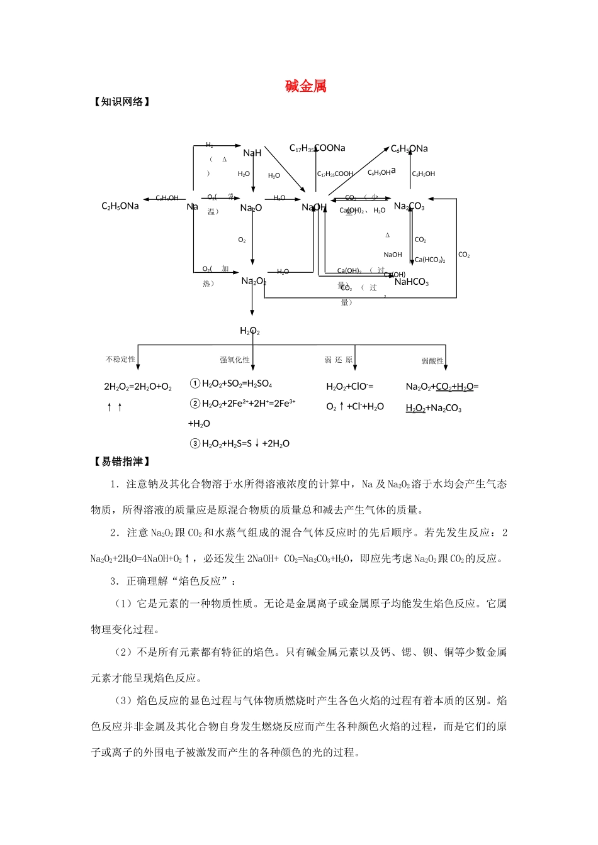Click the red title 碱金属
click(305, 86)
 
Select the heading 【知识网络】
click(122, 102)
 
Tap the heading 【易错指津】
click(122, 461)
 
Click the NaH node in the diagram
click(252, 153)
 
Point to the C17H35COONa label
click(317, 148)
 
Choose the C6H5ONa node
click(409, 148)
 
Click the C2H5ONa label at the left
click(120, 206)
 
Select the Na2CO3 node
click(409, 206)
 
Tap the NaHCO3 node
click(412, 282)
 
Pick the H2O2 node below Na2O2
click(250, 331)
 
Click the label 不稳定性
click(120, 359)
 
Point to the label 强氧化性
click(234, 360)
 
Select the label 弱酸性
click(432, 361)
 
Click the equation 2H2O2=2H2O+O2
click(138, 387)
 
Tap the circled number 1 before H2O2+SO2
click(195, 384)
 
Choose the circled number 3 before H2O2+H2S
click(195, 443)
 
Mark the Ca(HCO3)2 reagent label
click(430, 260)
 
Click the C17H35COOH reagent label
click(335, 174)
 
